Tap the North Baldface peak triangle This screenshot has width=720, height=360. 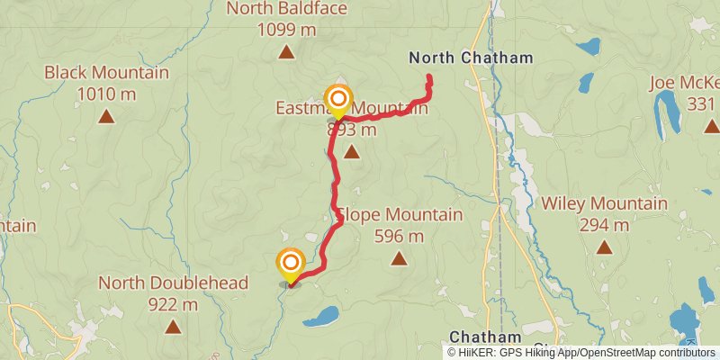[286, 51]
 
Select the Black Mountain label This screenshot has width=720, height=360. [106, 72]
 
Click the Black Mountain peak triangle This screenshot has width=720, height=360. [106, 115]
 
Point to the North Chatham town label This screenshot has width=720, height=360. [471, 58]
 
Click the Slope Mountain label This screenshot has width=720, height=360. [400, 215]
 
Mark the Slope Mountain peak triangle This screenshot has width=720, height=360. [399, 259]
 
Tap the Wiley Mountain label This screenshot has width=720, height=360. [604, 203]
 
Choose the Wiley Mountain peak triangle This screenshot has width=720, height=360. [604, 247]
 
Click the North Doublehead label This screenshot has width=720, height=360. [173, 283]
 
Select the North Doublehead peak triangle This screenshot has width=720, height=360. [172, 327]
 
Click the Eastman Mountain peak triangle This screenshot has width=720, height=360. [351, 152]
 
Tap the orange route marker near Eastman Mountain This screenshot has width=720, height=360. [338, 98]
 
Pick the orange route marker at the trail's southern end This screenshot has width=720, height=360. [291, 263]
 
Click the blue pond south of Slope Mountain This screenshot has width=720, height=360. [321, 316]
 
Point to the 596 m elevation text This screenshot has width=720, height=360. [399, 237]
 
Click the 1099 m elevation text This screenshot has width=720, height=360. [286, 30]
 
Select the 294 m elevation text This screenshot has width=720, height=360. [604, 225]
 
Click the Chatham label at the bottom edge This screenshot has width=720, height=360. [472, 336]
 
